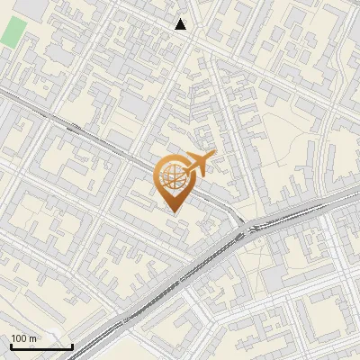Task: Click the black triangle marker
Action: [x=181, y=24]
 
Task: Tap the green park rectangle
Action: [x=13, y=31]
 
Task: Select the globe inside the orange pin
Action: [x=171, y=177]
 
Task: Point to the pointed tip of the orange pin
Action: [x=172, y=211]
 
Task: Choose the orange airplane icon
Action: [x=198, y=163]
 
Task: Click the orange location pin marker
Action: [x=171, y=184]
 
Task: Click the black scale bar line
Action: [x=40, y=346]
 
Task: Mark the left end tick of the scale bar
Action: [x=10, y=345]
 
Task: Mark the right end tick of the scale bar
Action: [x=72, y=345]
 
